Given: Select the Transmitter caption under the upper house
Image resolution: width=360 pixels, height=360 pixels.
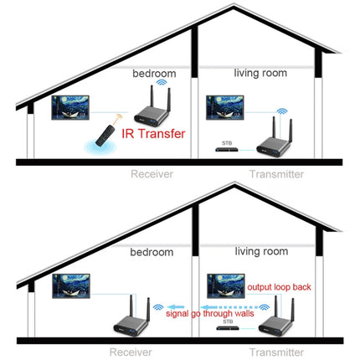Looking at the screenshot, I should [x=276, y=176].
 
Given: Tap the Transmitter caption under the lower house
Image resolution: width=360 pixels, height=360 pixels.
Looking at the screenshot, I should [x=276, y=352].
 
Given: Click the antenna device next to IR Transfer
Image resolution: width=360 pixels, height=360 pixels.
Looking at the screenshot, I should [x=154, y=106].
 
